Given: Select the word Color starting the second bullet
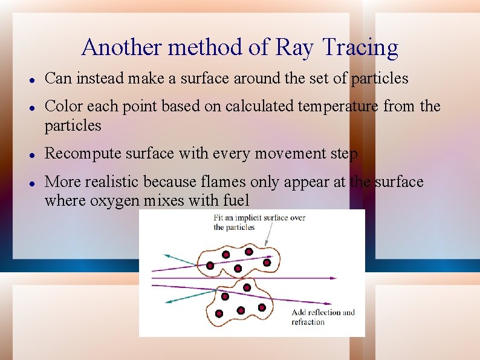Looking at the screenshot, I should (x=63, y=106).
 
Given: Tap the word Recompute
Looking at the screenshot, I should (x=82, y=154).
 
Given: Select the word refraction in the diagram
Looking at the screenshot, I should (x=308, y=322).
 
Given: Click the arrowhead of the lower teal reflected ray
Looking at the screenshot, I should (x=168, y=300).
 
